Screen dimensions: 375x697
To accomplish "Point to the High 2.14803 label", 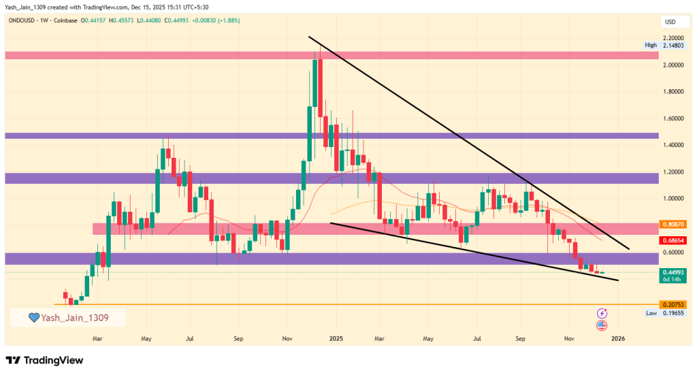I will [x=660, y=46].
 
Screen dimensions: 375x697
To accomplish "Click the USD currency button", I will [x=670, y=22].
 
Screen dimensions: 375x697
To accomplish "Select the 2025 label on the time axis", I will [x=334, y=338].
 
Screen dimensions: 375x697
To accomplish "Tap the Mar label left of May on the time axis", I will [x=97, y=338].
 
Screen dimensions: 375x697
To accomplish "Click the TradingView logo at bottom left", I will [x=44, y=359].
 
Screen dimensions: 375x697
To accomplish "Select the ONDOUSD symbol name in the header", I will [x=23, y=20].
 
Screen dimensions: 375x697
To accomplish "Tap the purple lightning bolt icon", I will [x=602, y=313].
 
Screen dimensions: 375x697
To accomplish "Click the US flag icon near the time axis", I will [x=602, y=326].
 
